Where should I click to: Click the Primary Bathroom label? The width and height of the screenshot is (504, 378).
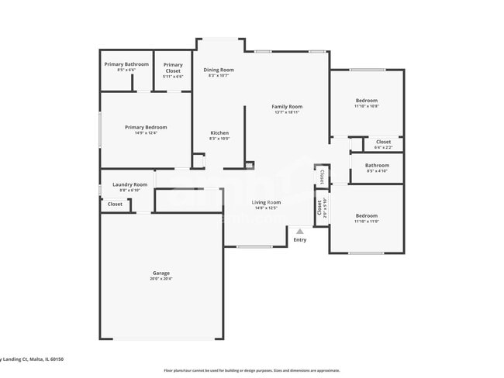[126, 64]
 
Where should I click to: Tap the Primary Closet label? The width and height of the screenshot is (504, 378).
[173, 65]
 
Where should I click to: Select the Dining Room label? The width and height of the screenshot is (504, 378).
[219, 70]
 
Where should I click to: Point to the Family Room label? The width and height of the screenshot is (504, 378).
[287, 106]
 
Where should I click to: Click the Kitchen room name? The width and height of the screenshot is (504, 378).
[219, 133]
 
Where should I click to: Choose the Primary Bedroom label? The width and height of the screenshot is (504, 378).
[146, 127]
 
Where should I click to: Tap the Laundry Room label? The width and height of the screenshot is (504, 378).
[129, 184]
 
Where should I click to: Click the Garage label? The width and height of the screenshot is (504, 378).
[161, 273]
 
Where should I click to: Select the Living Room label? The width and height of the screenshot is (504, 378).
[266, 202]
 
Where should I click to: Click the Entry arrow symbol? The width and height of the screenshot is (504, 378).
[300, 231]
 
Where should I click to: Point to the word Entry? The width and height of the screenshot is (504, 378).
[300, 239]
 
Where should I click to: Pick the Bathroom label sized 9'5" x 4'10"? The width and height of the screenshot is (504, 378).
[377, 165]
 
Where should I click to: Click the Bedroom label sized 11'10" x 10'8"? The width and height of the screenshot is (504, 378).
[367, 100]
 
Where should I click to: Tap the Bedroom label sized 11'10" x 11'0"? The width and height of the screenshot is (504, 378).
[367, 215]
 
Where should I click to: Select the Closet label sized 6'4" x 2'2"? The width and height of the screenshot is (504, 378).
[383, 142]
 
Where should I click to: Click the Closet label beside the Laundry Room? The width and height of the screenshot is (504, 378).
[115, 204]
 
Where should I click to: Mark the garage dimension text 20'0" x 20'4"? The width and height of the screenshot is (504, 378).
[161, 279]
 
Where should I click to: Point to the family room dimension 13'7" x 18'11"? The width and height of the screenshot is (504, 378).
[287, 112]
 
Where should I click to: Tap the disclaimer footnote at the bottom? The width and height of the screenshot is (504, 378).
[251, 370]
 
